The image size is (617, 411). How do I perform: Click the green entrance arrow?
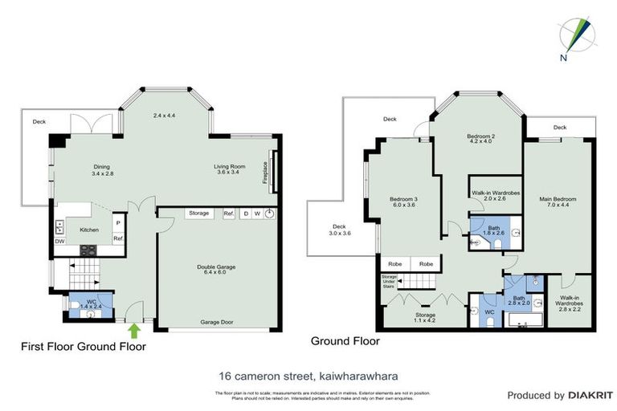click(133, 329)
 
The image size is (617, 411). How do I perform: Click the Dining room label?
click(100, 169)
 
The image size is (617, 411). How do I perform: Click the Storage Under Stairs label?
click(389, 280)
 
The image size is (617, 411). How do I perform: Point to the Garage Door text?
click(217, 322)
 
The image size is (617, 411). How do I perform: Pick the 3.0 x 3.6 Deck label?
click(339, 230)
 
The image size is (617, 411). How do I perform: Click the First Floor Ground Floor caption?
click(83, 347)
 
